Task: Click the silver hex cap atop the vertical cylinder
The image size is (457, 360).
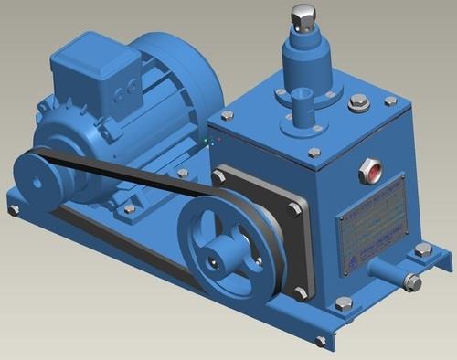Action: [303, 16]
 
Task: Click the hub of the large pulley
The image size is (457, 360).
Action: [217, 260]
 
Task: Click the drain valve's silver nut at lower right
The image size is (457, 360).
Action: [413, 282]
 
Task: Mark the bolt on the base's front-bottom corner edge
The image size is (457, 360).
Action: [321, 341]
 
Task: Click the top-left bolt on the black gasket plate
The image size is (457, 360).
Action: [219, 175]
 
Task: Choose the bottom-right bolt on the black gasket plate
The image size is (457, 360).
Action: [302, 293]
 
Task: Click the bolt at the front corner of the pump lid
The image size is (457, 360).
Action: [314, 154]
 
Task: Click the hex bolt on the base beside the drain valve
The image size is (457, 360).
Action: [423, 249]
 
